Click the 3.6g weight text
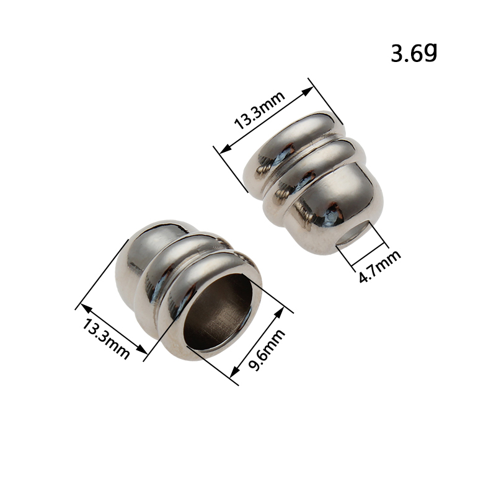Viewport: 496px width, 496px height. click(414, 53)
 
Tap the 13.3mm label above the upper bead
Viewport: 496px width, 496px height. click(259, 110)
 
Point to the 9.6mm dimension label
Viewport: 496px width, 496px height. click(267, 350)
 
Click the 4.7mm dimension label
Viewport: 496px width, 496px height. click(379, 266)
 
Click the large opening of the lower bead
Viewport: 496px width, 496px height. click(218, 312)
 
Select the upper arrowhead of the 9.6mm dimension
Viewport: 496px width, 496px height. click(280, 313)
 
